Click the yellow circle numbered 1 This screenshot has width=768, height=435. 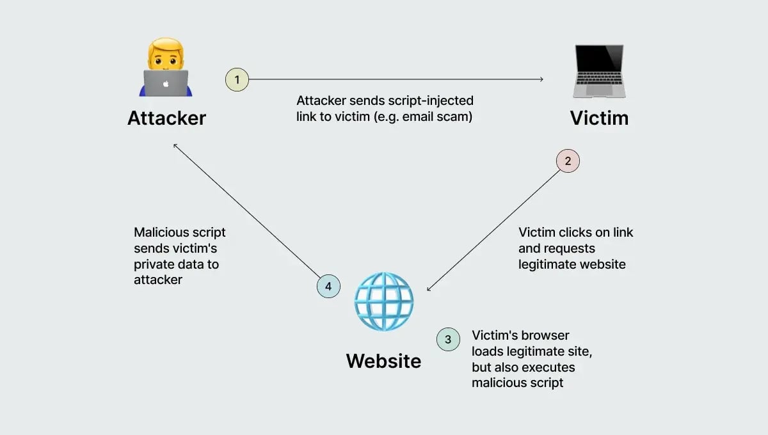tap(237, 80)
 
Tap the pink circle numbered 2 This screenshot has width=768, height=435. tap(568, 161)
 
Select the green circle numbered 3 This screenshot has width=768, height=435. tap(448, 340)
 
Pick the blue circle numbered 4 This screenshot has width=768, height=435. tap(328, 286)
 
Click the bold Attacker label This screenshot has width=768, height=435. tap(166, 118)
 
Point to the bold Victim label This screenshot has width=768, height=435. tap(599, 118)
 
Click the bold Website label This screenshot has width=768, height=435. tap(383, 361)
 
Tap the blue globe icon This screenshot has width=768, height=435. tap(384, 302)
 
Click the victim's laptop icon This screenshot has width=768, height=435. tap(598, 70)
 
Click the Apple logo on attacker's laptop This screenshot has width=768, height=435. tap(166, 83)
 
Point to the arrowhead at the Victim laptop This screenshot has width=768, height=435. tap(541, 79)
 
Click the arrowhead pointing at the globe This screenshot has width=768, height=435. tap(429, 289)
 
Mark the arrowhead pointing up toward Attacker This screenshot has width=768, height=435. tap(175, 146)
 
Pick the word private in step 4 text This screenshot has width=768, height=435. tap(154, 264)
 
